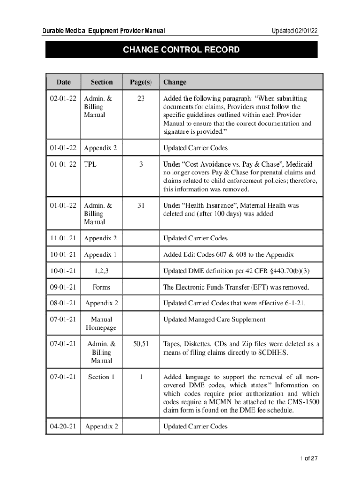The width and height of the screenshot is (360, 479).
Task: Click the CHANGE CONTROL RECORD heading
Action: pyautogui.click(x=181, y=50)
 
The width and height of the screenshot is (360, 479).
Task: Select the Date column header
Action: pyautogui.click(x=63, y=82)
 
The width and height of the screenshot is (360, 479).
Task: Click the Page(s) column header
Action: pyautogui.click(x=141, y=82)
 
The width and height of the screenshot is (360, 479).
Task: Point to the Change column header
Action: pyautogui.click(x=174, y=82)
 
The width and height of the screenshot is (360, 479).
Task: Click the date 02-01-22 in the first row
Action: pyautogui.click(x=63, y=99)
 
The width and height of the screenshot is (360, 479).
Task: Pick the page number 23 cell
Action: pyautogui.click(x=141, y=99)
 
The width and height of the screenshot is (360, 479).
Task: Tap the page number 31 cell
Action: pyautogui.click(x=141, y=205)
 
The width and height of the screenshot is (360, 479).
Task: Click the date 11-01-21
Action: pyautogui.click(x=63, y=238)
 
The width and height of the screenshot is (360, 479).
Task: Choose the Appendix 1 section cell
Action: pyautogui.click(x=101, y=254)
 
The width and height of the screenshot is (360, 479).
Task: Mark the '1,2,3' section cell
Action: pyautogui.click(x=101, y=271)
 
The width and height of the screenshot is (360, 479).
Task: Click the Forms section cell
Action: pyautogui.click(x=101, y=287)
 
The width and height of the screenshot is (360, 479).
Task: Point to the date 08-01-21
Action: pyautogui.click(x=63, y=303)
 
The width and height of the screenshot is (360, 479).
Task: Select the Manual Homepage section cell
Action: pyautogui.click(x=101, y=324)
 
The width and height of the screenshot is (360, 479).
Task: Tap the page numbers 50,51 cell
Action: pyautogui.click(x=141, y=344)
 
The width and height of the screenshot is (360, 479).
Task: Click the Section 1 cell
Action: pyautogui.click(x=101, y=377)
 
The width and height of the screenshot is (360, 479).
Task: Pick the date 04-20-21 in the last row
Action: pyautogui.click(x=63, y=426)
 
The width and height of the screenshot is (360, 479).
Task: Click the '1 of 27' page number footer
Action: pyautogui.click(x=309, y=458)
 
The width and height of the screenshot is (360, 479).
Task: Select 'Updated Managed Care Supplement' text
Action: pyautogui.click(x=214, y=319)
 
